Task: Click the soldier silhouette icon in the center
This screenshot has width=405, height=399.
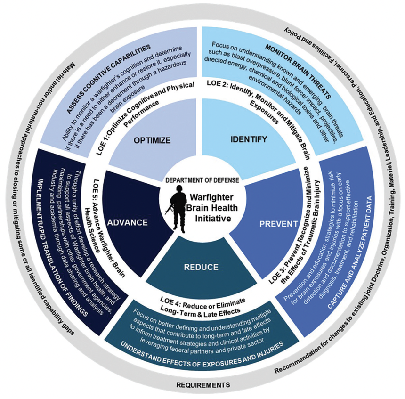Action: coord(179,208)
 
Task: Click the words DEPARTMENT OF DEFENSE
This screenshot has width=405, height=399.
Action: coord(202,179)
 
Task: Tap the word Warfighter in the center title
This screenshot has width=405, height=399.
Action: coord(211,199)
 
